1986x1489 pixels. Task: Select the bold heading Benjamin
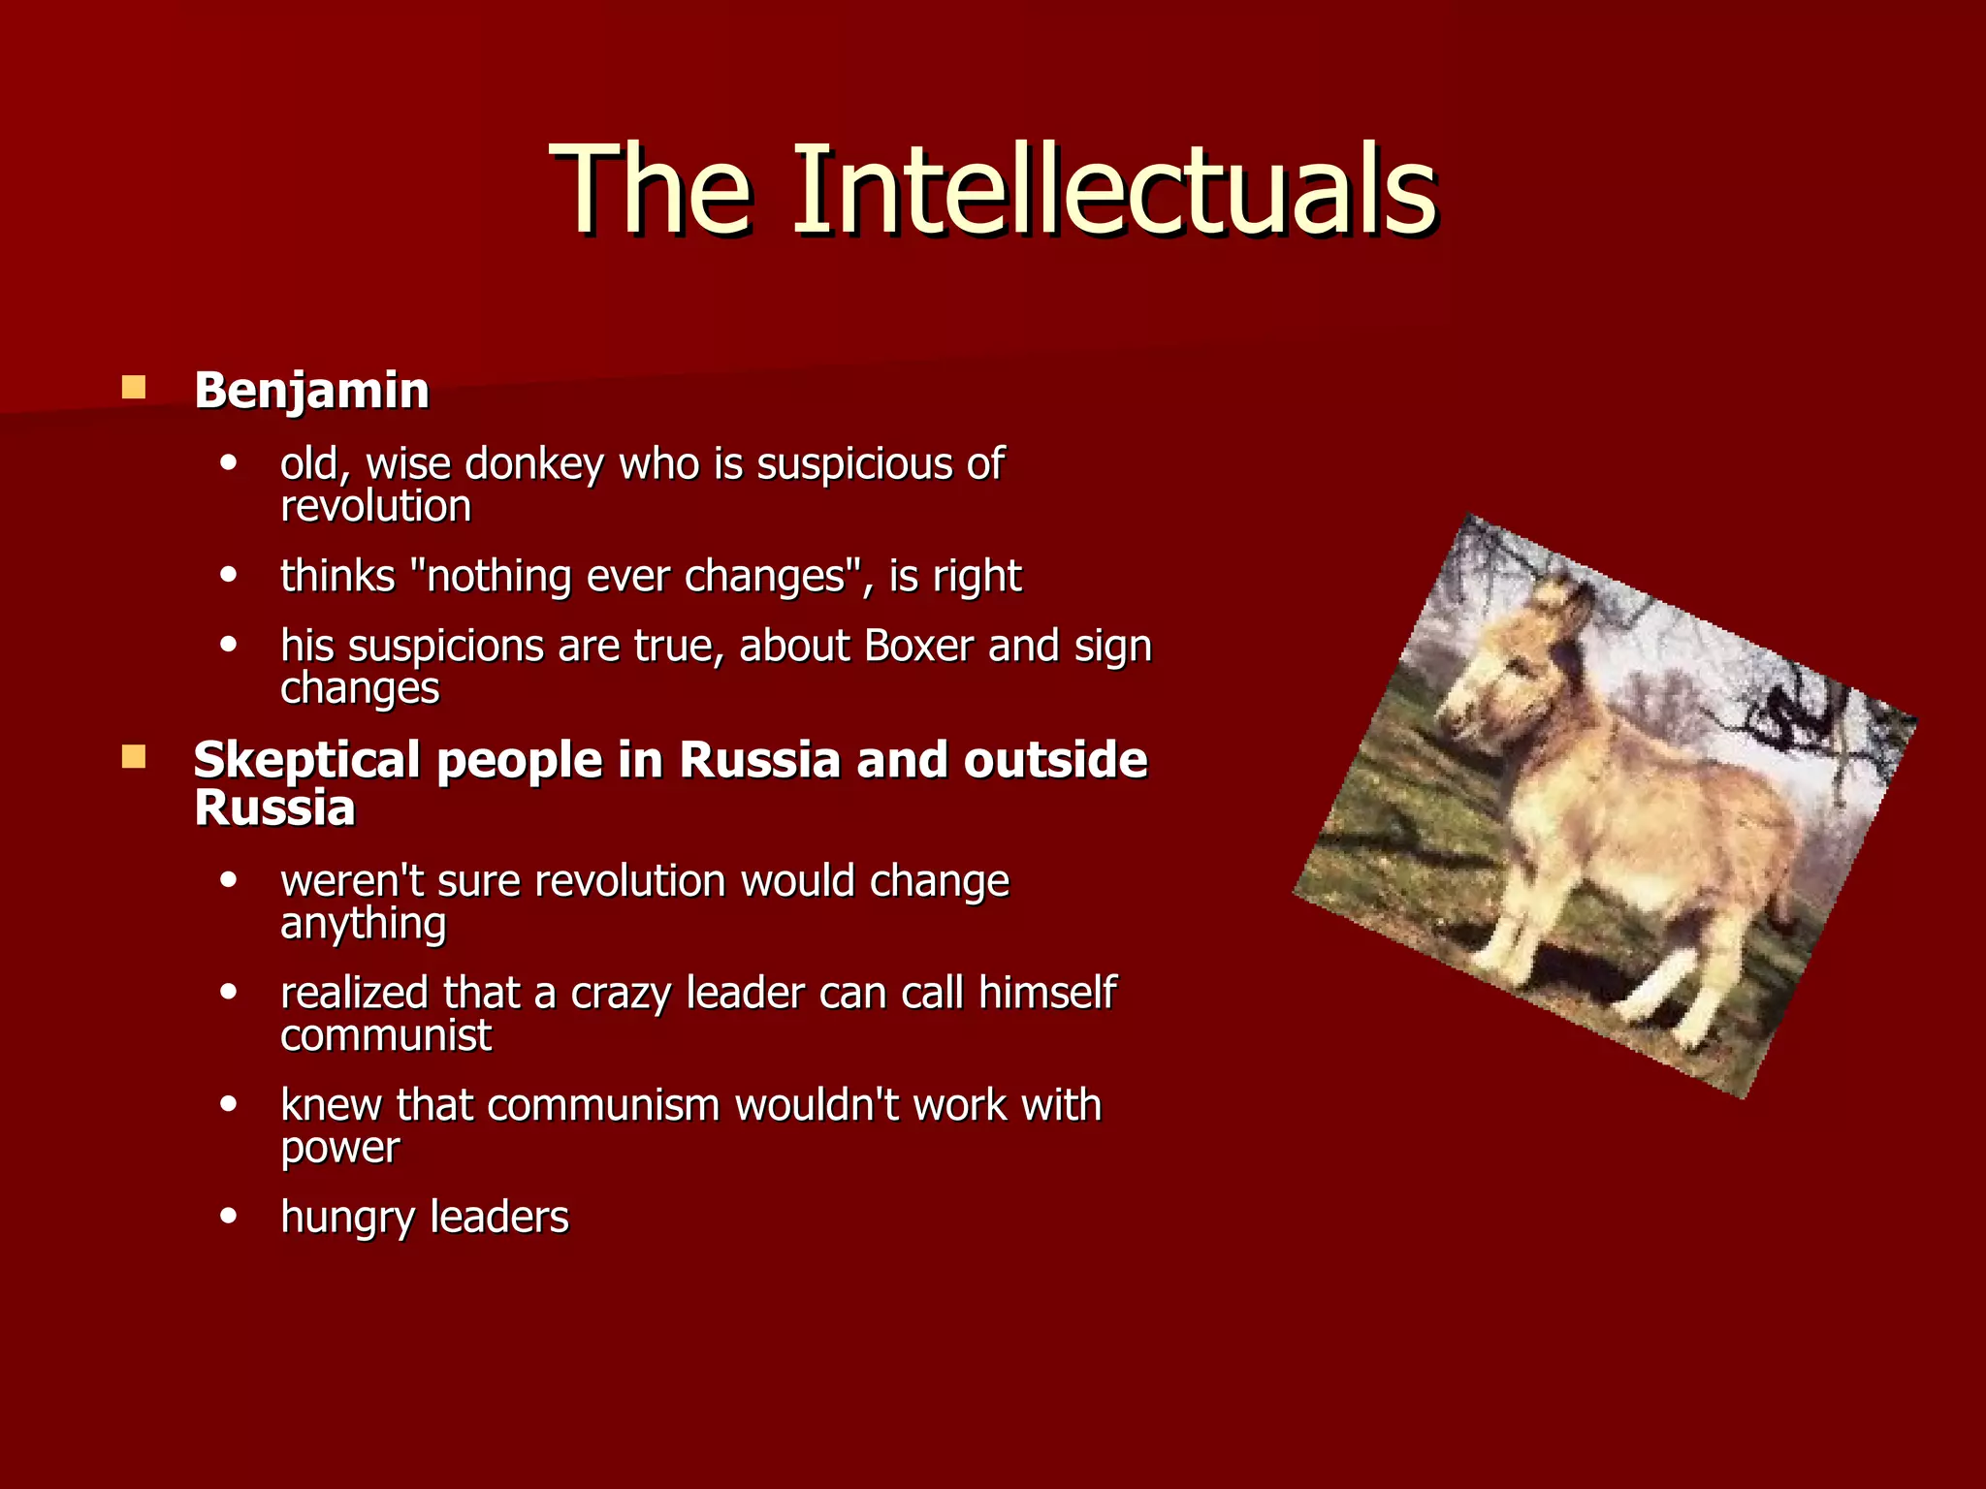coord(311,391)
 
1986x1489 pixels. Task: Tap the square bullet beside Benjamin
coord(133,388)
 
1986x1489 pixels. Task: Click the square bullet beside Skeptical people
coord(133,756)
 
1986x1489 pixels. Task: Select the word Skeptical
coord(306,759)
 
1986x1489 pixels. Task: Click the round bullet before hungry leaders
coord(229,1216)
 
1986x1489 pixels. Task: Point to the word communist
coord(386,1035)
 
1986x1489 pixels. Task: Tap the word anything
coord(364,924)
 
